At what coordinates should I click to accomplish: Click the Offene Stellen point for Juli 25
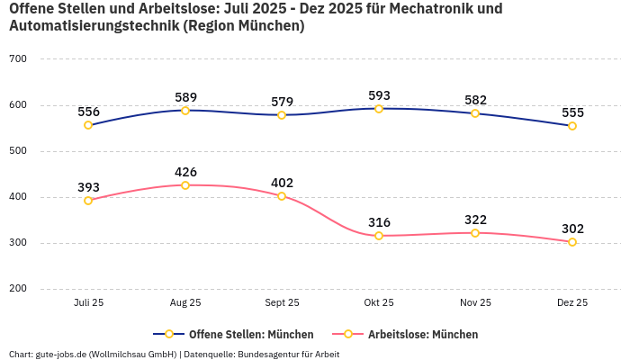point(88,125)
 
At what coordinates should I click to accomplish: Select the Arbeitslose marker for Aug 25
point(185,185)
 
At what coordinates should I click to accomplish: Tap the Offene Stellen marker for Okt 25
point(379,109)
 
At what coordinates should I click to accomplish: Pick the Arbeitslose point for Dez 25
point(572,242)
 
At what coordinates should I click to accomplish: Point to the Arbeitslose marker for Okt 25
point(379,236)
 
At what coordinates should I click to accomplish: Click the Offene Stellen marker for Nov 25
point(475,113)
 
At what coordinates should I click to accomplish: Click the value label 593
point(379,95)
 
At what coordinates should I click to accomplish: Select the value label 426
point(185,172)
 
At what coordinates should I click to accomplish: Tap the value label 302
point(572,229)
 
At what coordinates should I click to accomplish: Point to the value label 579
point(282,102)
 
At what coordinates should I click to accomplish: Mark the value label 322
point(475,220)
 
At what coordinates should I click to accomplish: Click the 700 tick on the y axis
point(18,59)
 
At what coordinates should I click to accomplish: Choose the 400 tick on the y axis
point(18,197)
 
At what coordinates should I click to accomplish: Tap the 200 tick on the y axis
point(18,289)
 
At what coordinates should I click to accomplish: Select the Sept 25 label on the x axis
point(282,303)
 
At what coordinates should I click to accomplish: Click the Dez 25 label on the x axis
point(572,303)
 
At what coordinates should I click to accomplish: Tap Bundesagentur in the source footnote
point(271,355)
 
